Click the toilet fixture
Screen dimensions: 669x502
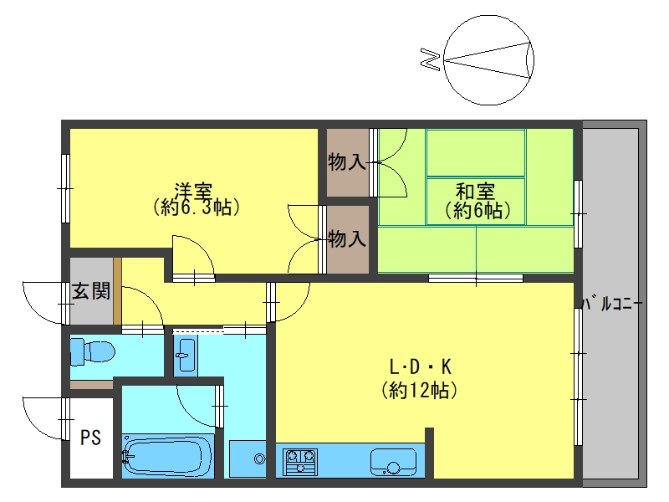pyautogui.click(x=92, y=352)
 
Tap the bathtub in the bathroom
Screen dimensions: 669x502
pyautogui.click(x=168, y=456)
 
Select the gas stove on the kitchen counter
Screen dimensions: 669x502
pyautogui.click(x=300, y=462)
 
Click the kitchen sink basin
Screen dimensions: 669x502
pyautogui.click(x=393, y=462)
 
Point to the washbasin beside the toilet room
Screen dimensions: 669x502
pyautogui.click(x=186, y=355)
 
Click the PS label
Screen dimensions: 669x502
pyautogui.click(x=91, y=438)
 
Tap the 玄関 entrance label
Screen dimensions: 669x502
pyautogui.click(x=91, y=291)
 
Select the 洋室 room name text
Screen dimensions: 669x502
pyautogui.click(x=193, y=192)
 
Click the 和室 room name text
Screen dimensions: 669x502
pyautogui.click(x=475, y=192)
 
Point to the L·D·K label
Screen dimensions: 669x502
pyautogui.click(x=421, y=366)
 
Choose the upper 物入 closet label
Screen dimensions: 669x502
pyautogui.click(x=346, y=162)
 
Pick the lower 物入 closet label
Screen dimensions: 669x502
pyautogui.click(x=346, y=238)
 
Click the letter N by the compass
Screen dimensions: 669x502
pyautogui.click(x=430, y=59)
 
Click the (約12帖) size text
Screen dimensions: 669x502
pyautogui.click(x=419, y=390)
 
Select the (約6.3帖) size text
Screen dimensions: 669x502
pyautogui.click(x=196, y=207)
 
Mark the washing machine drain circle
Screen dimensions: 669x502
pyautogui.click(x=259, y=459)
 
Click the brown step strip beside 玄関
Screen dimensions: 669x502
pyautogui.click(x=117, y=291)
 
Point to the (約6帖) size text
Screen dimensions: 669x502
pyautogui.click(x=477, y=211)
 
